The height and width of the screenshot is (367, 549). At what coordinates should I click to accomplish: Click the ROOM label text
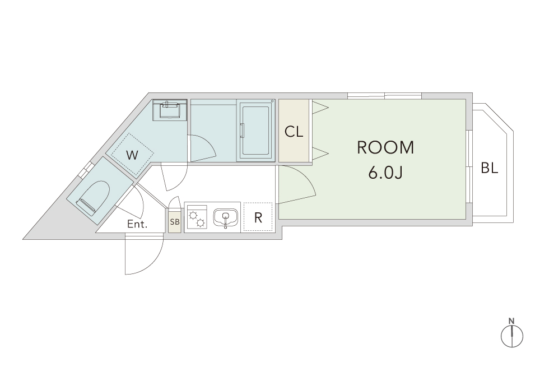[385, 147]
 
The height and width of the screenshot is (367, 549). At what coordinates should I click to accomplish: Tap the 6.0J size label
[385, 173]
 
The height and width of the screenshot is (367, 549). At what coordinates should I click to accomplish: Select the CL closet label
[294, 132]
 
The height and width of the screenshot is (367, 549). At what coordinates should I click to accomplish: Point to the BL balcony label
[490, 168]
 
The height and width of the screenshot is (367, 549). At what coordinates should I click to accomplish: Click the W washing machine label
[132, 155]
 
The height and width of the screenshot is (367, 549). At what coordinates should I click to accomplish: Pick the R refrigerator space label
[258, 217]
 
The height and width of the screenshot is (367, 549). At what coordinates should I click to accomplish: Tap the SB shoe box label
[175, 222]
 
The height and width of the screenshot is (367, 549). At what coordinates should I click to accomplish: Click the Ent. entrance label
[137, 224]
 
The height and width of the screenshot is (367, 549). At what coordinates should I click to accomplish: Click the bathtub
[255, 130]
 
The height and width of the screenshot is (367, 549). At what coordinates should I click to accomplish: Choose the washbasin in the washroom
[170, 110]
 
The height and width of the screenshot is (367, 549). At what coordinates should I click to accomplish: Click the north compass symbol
[512, 336]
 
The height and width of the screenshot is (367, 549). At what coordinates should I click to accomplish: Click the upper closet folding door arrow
[320, 108]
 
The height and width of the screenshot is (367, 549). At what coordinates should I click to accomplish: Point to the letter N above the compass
[511, 320]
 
